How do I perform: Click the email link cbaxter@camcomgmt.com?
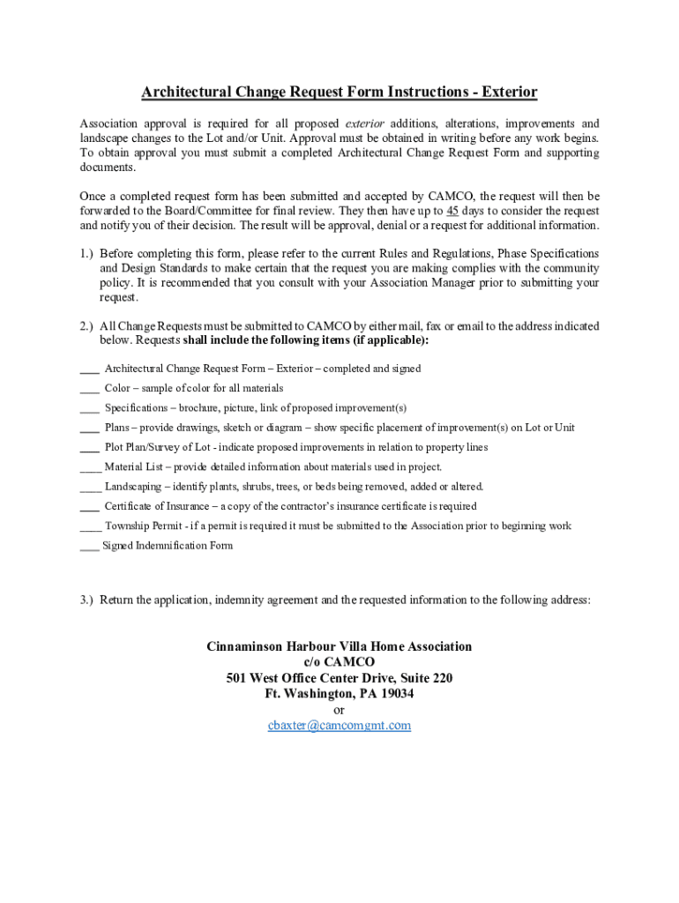pyautogui.click(x=339, y=726)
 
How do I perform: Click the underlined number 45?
pyautogui.click(x=452, y=211)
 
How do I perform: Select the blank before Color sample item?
pyautogui.click(x=89, y=389)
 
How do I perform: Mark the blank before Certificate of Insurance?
pyautogui.click(x=89, y=507)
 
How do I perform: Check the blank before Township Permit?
pyautogui.click(x=90, y=526)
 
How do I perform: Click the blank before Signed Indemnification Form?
pyautogui.click(x=89, y=547)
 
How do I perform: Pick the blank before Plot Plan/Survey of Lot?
pyautogui.click(x=89, y=448)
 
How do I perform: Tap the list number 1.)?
pyautogui.click(x=86, y=253)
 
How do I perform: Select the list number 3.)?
pyautogui.click(x=86, y=601)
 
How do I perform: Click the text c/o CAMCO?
pyautogui.click(x=339, y=662)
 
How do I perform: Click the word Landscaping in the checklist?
pyautogui.click(x=133, y=487)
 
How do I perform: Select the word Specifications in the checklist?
pyautogui.click(x=136, y=408)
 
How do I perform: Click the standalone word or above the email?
pyautogui.click(x=339, y=710)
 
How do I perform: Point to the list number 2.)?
pyautogui.click(x=86, y=326)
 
